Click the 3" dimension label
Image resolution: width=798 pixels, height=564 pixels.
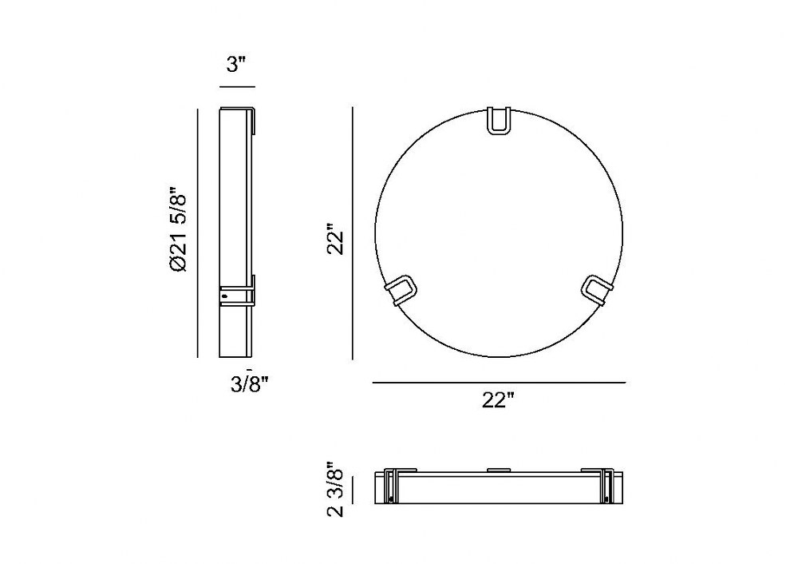(235, 65)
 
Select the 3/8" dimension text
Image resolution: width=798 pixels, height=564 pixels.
(249, 384)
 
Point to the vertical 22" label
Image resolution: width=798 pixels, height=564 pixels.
(336, 239)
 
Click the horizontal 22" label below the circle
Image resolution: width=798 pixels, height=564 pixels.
(498, 400)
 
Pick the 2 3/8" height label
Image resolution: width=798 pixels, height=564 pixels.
(336, 489)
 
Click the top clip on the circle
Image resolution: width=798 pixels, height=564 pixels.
(499, 121)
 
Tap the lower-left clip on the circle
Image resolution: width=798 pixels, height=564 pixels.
(401, 290)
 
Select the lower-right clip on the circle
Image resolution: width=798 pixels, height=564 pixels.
(596, 290)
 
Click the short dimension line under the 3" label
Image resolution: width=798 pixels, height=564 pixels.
(237, 87)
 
